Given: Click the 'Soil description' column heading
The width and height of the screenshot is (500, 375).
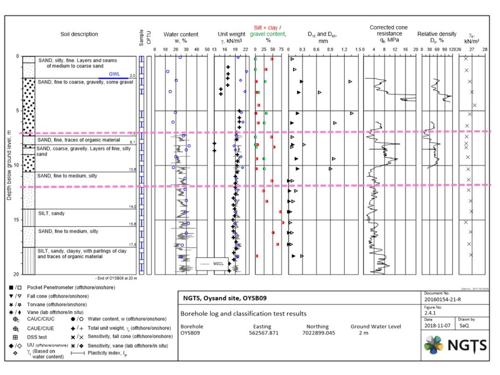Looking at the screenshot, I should pyautogui.click(x=79, y=34).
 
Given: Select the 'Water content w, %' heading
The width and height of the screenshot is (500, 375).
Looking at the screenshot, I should pyautogui.click(x=181, y=37).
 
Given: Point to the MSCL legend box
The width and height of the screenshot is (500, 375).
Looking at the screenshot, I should pyautogui.click(x=212, y=263).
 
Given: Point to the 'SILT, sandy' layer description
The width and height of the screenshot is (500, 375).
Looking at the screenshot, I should pyautogui.click(x=52, y=213).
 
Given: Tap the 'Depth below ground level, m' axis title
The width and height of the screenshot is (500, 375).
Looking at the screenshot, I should pyautogui.click(x=9, y=166).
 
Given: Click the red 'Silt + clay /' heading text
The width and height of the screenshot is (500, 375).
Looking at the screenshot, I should pyautogui.click(x=268, y=28).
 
